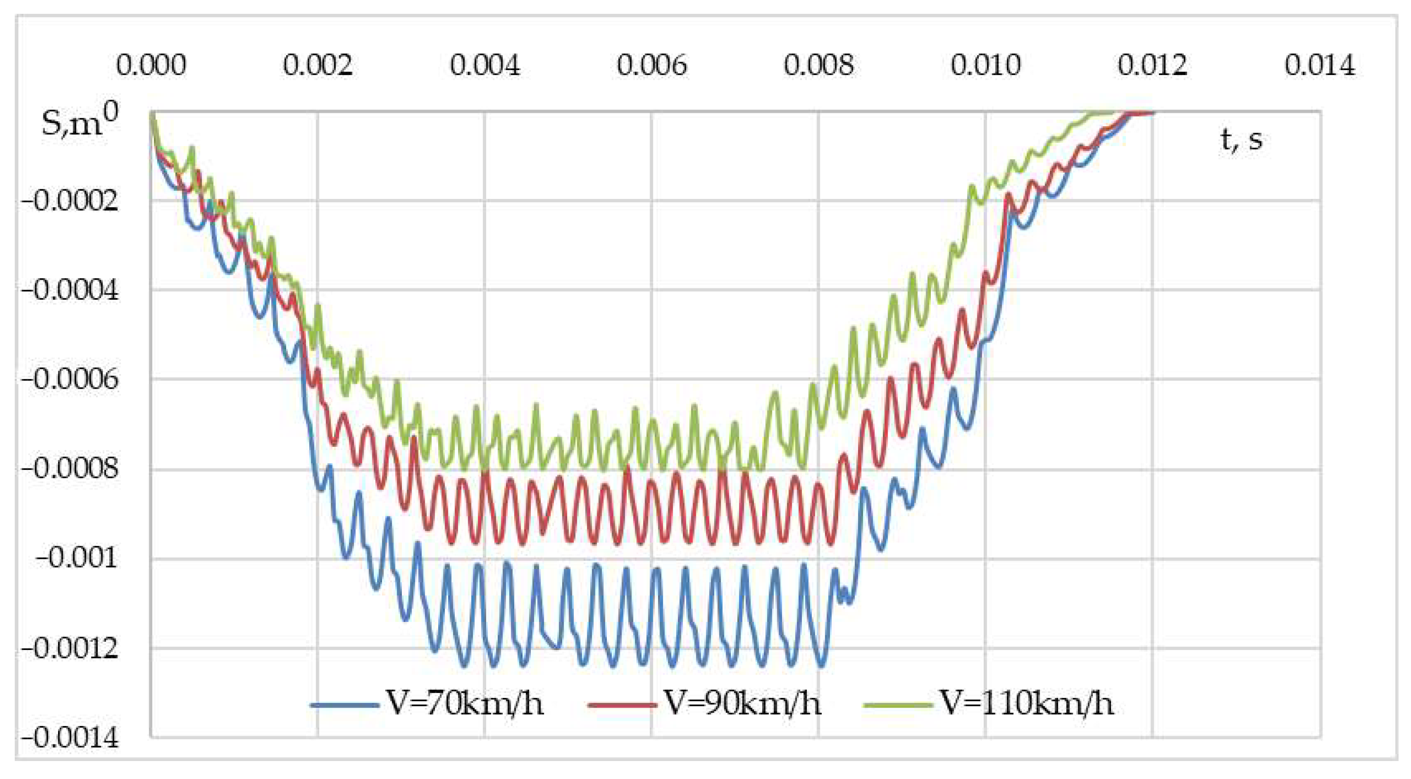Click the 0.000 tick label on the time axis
(151, 66)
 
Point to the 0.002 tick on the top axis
(317, 66)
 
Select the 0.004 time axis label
(485, 66)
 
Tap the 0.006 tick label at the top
(652, 66)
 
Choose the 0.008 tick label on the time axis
(818, 66)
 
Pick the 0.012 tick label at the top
(1152, 66)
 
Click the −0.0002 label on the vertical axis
(70, 201)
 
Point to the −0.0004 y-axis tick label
(70, 290)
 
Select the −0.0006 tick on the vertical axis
(70, 380)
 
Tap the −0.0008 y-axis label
(70, 469)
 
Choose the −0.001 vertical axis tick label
(76, 559)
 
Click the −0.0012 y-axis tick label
(70, 649)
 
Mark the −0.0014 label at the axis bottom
(70, 738)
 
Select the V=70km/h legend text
(465, 703)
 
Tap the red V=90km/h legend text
(743, 703)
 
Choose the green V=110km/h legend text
(1027, 703)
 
